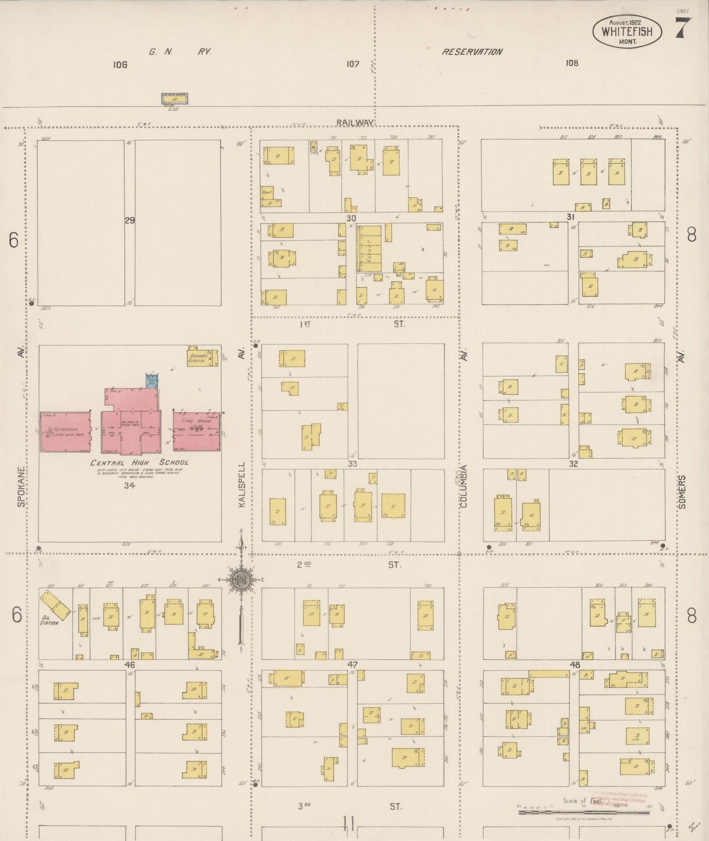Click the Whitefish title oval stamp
[x=627, y=32]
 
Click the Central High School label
[x=139, y=463]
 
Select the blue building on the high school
[x=152, y=381]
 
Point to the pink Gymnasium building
[x=65, y=431]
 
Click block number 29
[x=129, y=221]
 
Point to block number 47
[x=352, y=665]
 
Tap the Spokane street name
[x=20, y=486]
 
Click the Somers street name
[x=682, y=491]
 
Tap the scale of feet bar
[x=584, y=812]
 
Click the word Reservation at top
[x=472, y=52]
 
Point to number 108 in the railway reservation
[x=572, y=63]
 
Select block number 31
[x=570, y=217]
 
